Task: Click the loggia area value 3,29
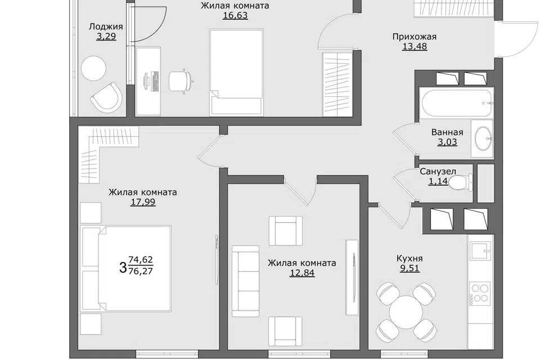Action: pos(106,36)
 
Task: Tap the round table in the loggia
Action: pos(93,68)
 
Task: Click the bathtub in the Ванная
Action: pos(456,103)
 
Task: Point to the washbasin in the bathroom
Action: pos(483,138)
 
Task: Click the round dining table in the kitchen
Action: pos(406,312)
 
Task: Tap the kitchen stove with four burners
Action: pos(480,292)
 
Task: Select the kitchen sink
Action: pos(480,250)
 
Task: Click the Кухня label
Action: pos(409,258)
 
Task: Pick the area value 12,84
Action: pos(302,273)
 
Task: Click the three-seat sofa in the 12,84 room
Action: pos(245,281)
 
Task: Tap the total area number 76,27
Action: pos(140,271)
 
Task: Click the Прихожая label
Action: pos(415,37)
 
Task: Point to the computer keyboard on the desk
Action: pos(155,81)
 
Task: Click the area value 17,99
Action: pos(143,202)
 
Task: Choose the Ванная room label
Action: pos(447,132)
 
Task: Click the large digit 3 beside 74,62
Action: pos(123,267)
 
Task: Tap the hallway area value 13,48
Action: pos(415,46)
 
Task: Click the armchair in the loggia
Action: pos(106,97)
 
